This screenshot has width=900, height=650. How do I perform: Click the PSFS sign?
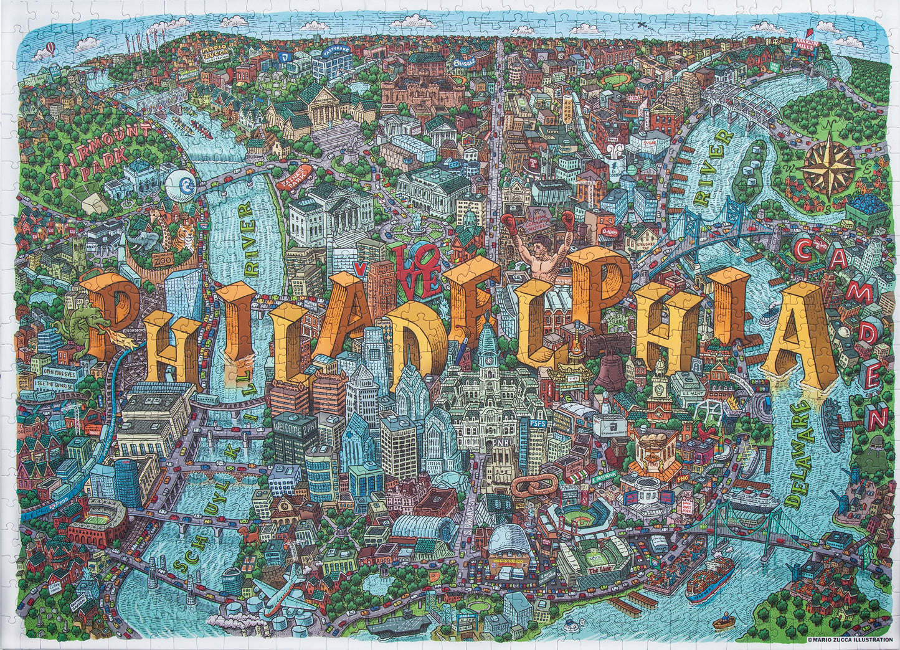pyautogui.click(x=537, y=423)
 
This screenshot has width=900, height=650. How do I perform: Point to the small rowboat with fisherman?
pyautogui.click(x=724, y=623)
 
